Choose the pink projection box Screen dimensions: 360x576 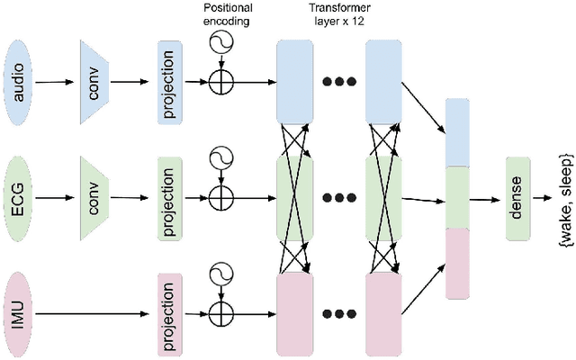pos(169,314)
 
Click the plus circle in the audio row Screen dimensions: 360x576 pos(220,81)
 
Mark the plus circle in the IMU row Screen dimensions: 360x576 pos(220,314)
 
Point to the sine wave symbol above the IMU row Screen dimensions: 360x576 pos(220,276)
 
